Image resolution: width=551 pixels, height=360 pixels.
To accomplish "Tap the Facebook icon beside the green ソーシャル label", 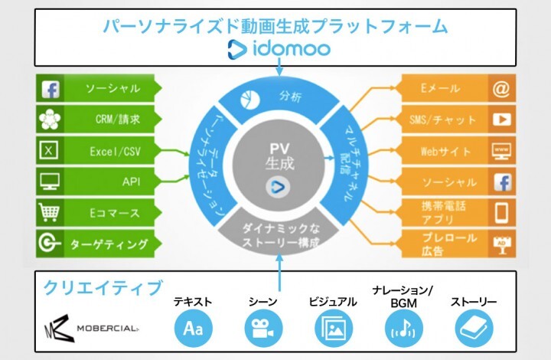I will pyautogui.click(x=50, y=89).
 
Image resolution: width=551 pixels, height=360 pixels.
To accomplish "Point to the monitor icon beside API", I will pyautogui.click(x=50, y=182).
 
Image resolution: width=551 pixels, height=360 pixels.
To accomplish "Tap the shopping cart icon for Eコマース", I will pyautogui.click(x=50, y=212).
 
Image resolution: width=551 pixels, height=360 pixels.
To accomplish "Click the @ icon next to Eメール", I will pyautogui.click(x=501, y=89).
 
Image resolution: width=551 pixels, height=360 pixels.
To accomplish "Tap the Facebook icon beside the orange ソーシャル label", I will pyautogui.click(x=501, y=182).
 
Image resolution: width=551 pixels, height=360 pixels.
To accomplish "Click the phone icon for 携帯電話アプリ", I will pyautogui.click(x=501, y=213).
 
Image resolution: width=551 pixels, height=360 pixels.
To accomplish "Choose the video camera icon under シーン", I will pyautogui.click(x=259, y=329).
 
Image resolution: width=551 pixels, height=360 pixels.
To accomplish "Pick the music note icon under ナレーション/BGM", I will pyautogui.click(x=401, y=329).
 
